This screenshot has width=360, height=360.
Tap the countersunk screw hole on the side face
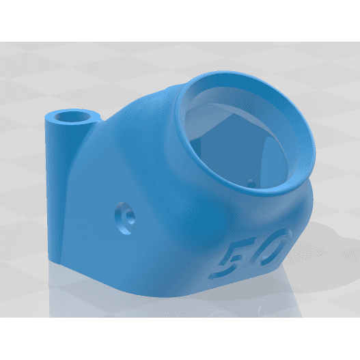coord(126,215)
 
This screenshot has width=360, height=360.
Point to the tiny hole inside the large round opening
coord(254,182)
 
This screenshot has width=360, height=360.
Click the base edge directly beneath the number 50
coord(239,283)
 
